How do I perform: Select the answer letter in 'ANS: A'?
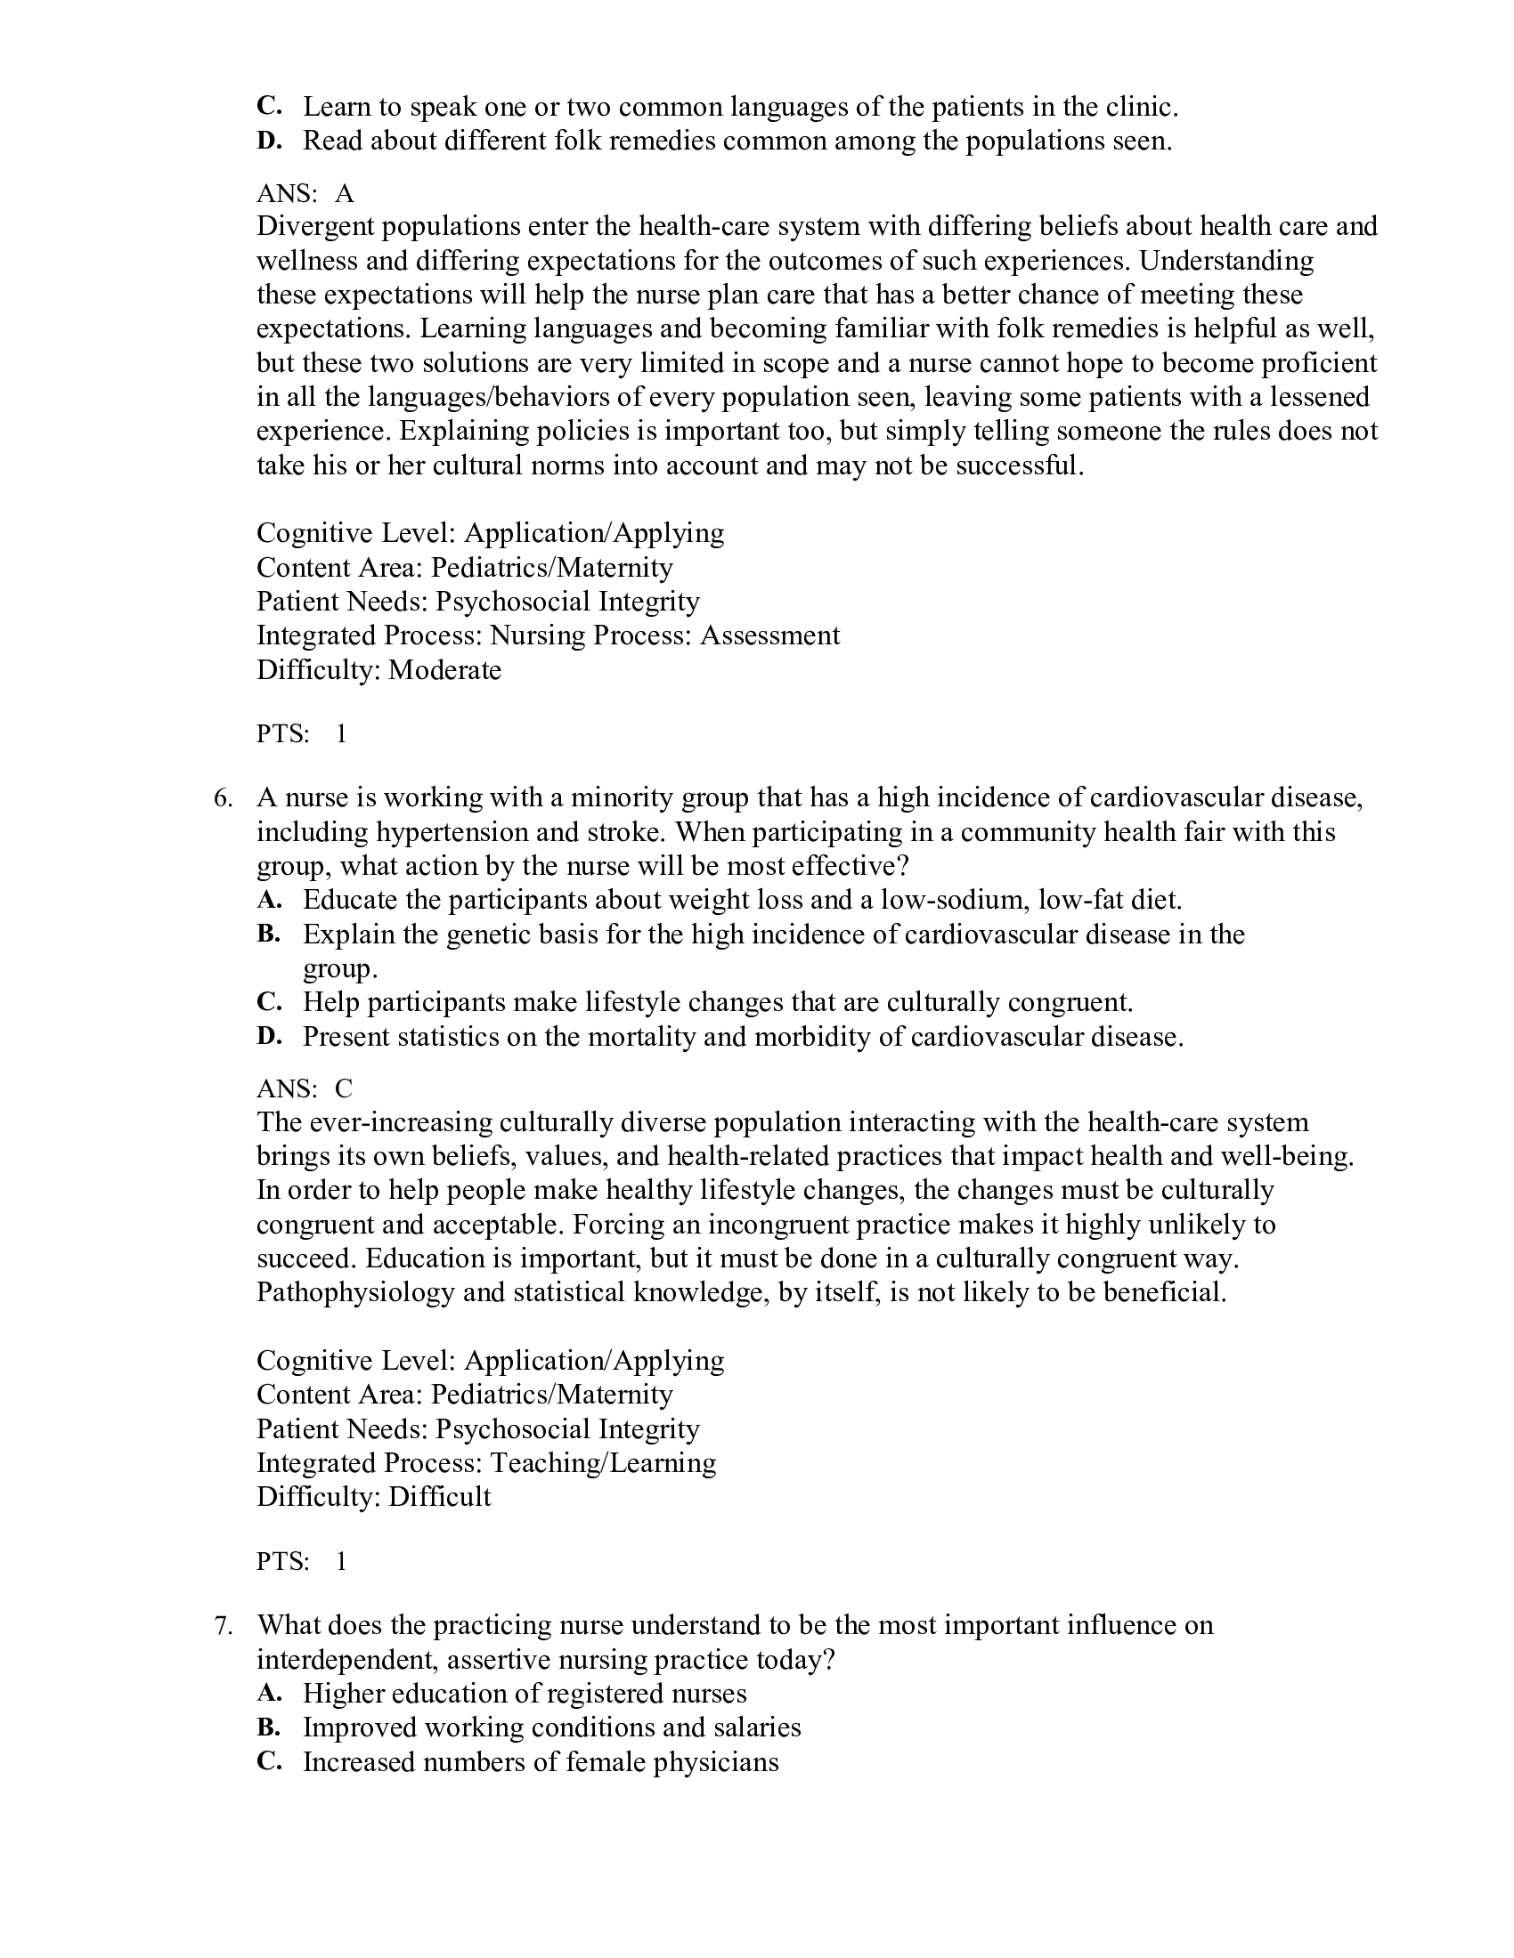coord(345,193)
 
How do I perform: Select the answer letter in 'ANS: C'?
coord(345,1088)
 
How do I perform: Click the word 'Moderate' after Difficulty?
coord(445,669)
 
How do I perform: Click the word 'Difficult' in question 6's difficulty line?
coord(439,1497)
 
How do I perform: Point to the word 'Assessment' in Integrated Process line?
coord(769,635)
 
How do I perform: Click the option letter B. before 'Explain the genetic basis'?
coord(268,934)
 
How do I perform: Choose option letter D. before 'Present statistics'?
coord(268,1036)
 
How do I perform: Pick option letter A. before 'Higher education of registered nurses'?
coord(268,1693)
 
